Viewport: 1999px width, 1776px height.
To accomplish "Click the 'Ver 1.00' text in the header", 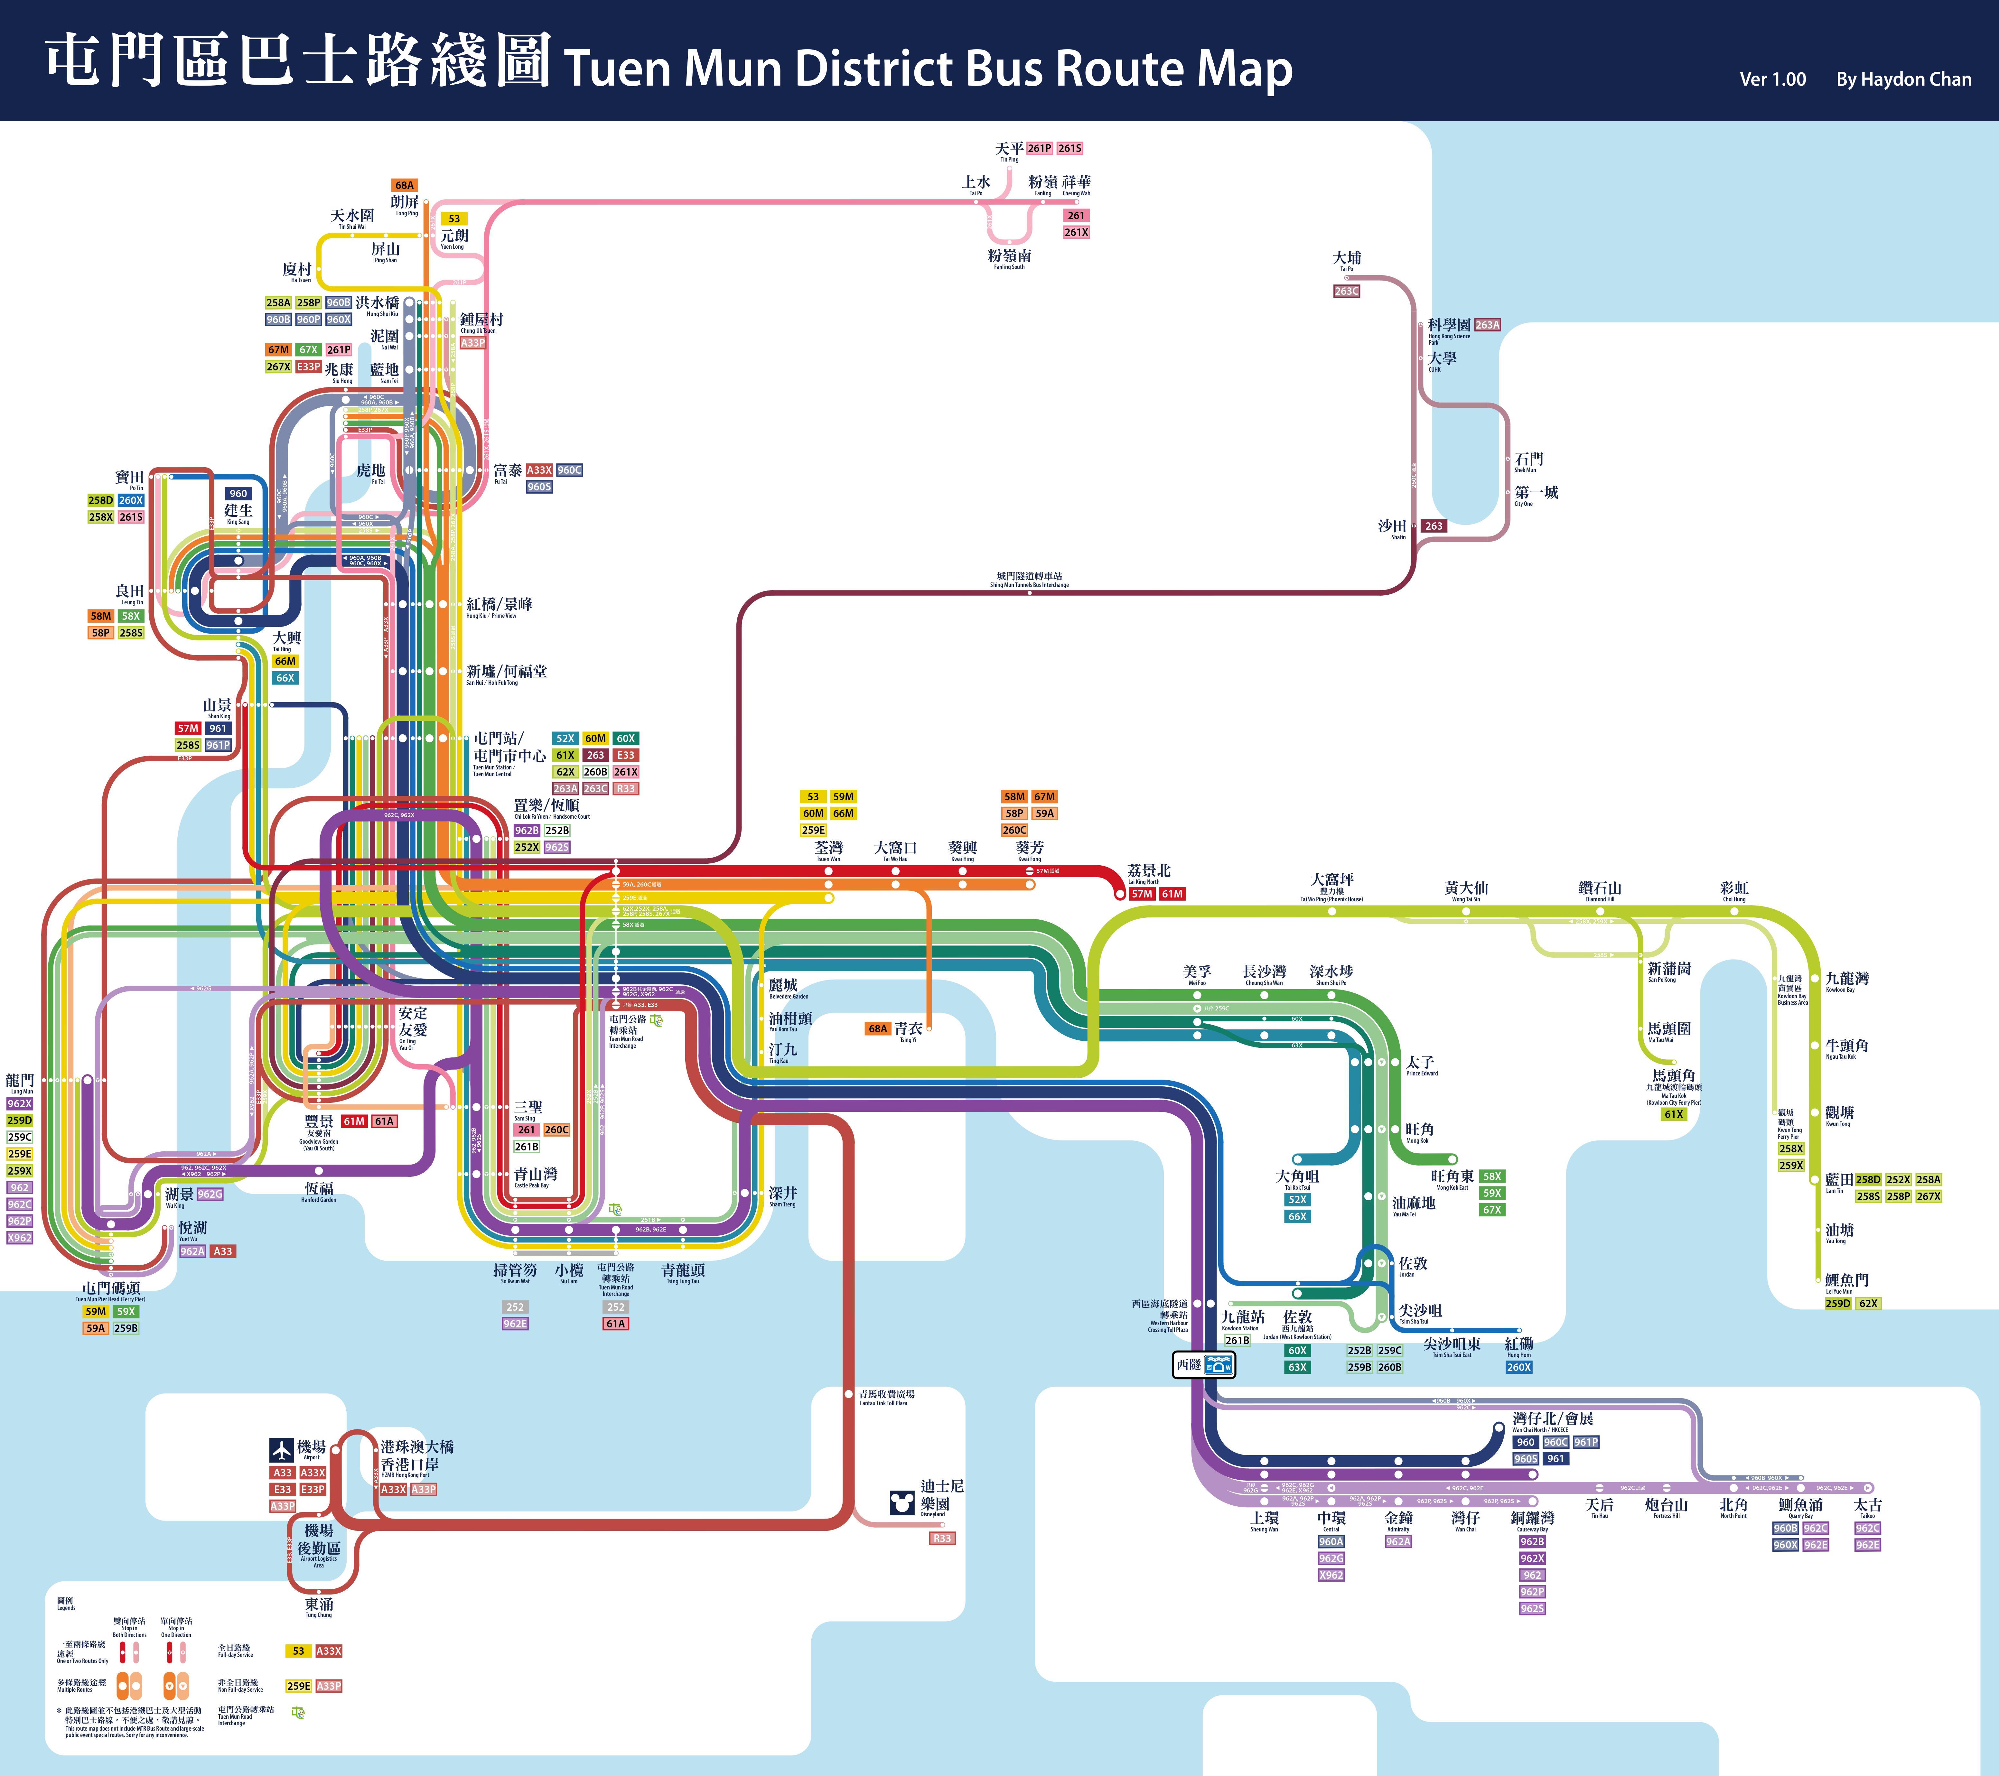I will point(1772,79).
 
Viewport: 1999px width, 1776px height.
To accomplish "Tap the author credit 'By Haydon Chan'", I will point(1903,79).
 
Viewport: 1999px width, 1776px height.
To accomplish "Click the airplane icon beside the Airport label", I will point(282,1448).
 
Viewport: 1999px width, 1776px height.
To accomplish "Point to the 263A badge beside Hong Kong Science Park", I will point(1487,325).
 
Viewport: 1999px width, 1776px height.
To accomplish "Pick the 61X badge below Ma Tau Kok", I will point(1673,1114).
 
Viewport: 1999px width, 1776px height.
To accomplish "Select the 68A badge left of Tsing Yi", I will point(877,1029).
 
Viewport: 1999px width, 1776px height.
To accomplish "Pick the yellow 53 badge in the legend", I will point(298,1651).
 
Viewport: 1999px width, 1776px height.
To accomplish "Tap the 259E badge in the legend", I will point(298,1686).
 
